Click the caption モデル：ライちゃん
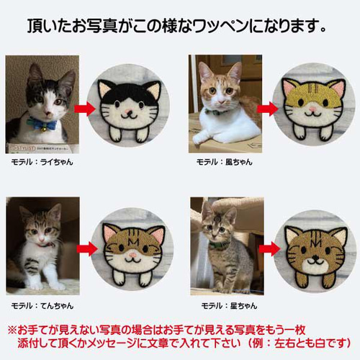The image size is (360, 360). pos(42,162)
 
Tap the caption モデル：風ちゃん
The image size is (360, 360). pos(225,162)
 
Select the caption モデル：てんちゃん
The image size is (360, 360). pos(42,306)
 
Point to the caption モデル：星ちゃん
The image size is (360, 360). pos(229,306)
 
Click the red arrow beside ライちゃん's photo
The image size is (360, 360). pos(85,109)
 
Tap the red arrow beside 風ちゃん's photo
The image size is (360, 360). pos(268,109)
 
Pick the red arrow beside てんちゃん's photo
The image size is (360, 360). pos(87,249)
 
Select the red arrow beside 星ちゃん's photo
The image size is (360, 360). pos(269,249)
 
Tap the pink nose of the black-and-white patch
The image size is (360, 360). pos(129,112)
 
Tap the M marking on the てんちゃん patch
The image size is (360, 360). pos(133,242)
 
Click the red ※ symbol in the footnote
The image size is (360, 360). pos(12,330)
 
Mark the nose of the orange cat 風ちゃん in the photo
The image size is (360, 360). pos(221,102)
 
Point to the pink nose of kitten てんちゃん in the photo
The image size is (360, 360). pos(42,239)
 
